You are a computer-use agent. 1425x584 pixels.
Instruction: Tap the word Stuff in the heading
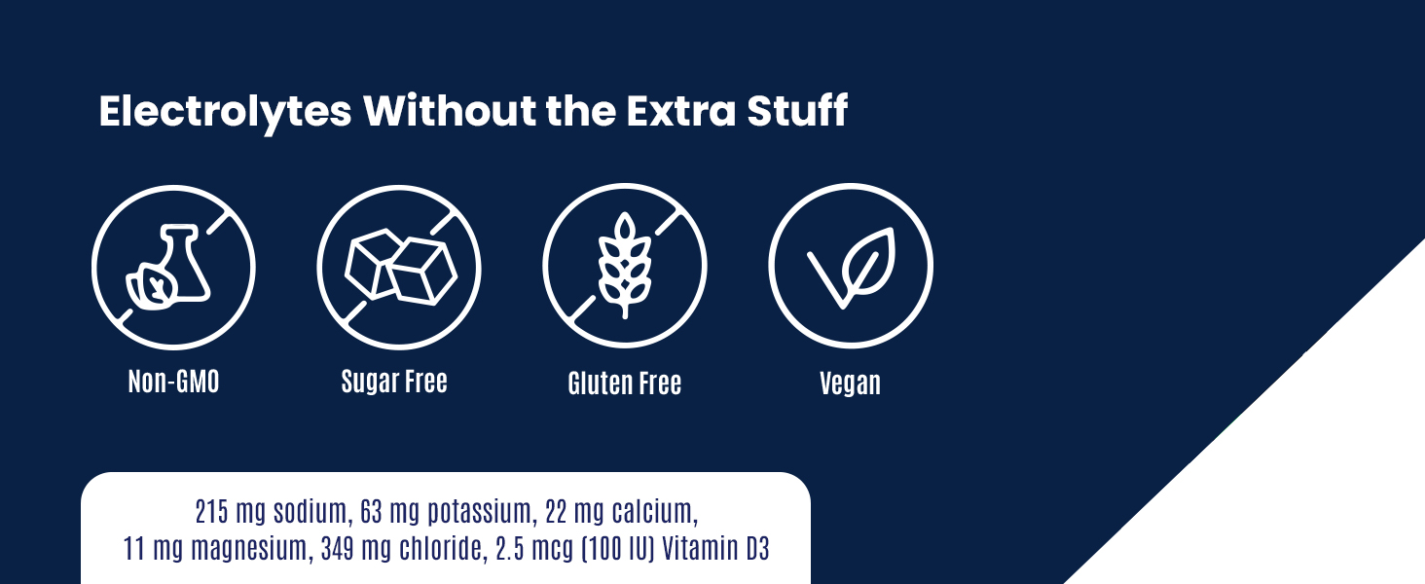tap(797, 111)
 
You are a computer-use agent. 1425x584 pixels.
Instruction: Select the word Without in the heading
tap(450, 111)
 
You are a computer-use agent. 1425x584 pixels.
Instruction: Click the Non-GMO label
tap(173, 382)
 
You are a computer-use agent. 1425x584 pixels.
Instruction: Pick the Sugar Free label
tap(394, 382)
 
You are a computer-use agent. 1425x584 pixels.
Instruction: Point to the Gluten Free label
tap(625, 383)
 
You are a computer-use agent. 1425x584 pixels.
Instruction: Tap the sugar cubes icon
tap(401, 267)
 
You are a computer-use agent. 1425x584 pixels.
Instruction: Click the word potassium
tap(479, 512)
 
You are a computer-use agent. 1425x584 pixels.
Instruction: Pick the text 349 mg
tap(356, 549)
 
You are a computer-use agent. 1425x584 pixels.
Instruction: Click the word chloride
tap(444, 549)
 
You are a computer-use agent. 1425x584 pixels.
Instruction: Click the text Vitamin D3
tap(716, 548)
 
